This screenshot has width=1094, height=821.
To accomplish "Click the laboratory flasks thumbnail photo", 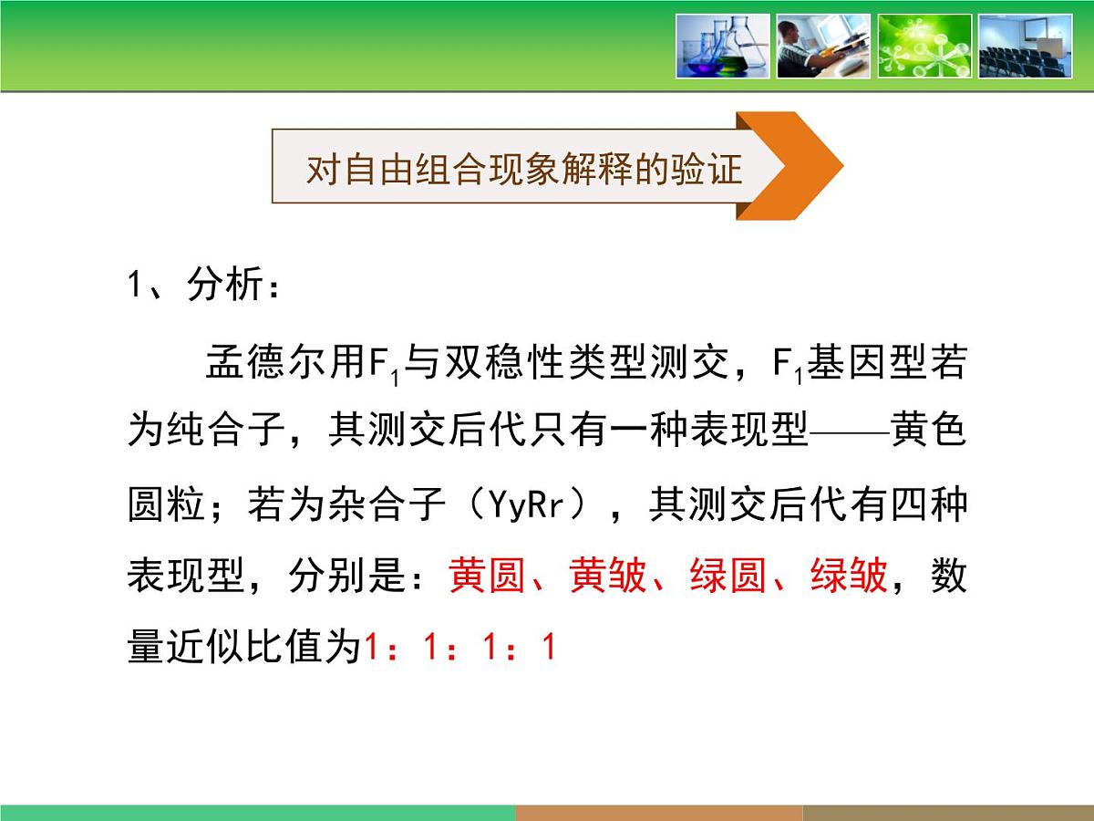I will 723,46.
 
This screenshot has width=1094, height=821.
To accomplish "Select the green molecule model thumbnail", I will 924,46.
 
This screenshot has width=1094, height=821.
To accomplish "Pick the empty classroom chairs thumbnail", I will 1025,46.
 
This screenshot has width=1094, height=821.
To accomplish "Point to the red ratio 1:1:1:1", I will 459,648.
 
